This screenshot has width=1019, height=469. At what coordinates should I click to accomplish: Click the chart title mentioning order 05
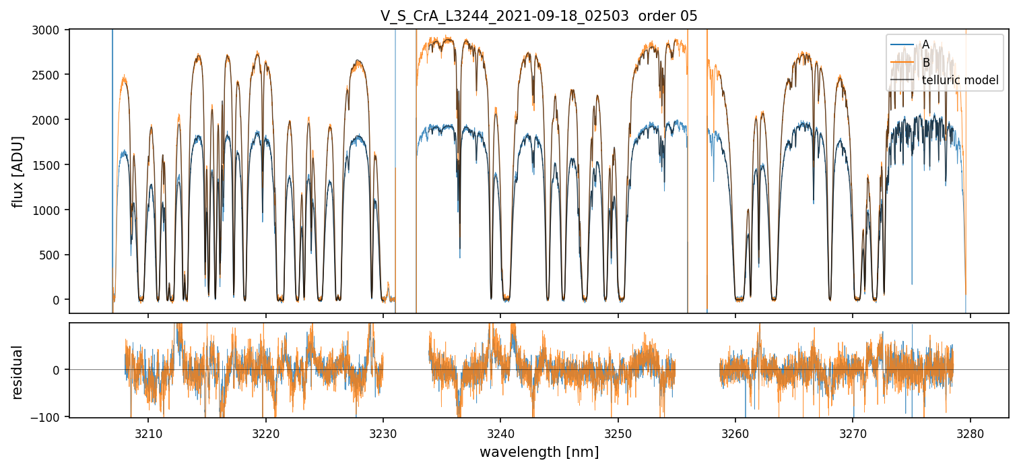pos(539,16)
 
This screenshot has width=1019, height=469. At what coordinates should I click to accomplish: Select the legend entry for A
pos(925,44)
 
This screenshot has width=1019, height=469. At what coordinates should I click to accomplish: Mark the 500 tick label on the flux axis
pos(52,255)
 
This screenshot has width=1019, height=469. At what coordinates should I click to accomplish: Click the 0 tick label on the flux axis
pos(57,300)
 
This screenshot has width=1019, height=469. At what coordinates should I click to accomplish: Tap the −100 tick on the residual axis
pos(47,417)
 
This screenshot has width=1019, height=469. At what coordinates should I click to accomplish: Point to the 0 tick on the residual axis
pos(57,370)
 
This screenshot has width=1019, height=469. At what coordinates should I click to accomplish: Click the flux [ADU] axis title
pos(18,171)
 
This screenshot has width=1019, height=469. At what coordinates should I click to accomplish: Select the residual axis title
pos(18,372)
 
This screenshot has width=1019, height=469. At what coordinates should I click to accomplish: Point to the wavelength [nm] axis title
pos(539,452)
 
